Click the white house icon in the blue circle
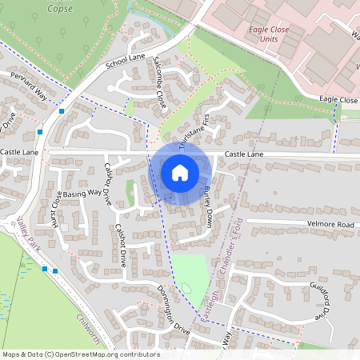[180, 173]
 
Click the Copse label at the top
[60, 9]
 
